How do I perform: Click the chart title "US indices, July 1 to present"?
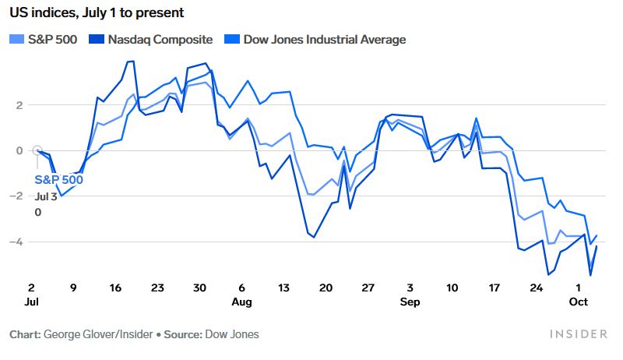pyautogui.click(x=97, y=13)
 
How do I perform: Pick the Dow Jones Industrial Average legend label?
pyautogui.click(x=324, y=39)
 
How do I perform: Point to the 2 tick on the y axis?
pyautogui.click(x=19, y=105)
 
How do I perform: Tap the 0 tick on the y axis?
pyautogui.click(x=19, y=150)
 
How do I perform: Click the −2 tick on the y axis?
pyautogui.click(x=17, y=196)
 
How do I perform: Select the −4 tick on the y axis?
pyautogui.click(x=17, y=242)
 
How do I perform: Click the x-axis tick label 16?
pyautogui.click(x=116, y=288)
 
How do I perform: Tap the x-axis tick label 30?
pyautogui.click(x=199, y=288)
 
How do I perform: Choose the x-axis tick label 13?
pyautogui.click(x=283, y=288)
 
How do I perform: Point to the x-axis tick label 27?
pyautogui.click(x=368, y=288)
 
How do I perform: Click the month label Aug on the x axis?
pyautogui.click(x=241, y=301)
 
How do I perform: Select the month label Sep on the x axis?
pyautogui.click(x=410, y=301)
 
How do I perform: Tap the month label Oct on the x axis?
pyautogui.click(x=577, y=301)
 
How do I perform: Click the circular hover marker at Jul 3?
pyautogui.click(x=37, y=150)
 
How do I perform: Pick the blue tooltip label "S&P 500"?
pyautogui.click(x=59, y=180)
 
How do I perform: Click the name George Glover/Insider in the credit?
pyautogui.click(x=95, y=334)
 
